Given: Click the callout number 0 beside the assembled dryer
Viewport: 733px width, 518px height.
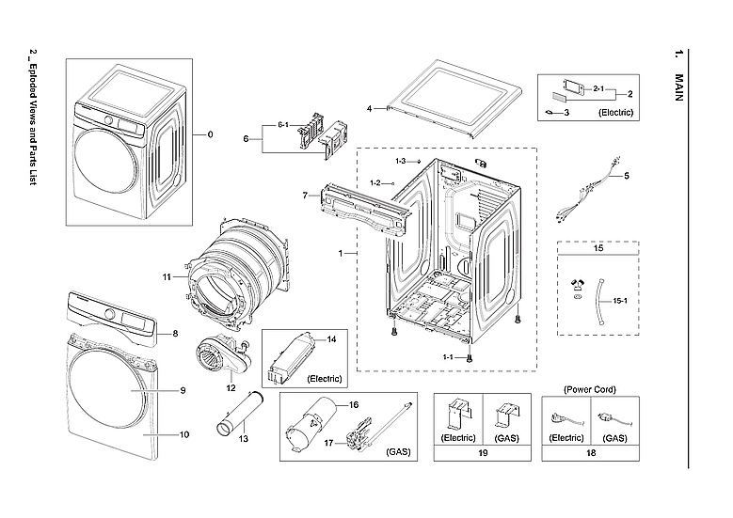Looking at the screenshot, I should click(210, 134).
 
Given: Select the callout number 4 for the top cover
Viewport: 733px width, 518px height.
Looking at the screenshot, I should click(371, 107).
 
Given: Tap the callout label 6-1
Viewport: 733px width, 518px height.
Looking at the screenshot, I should click(282, 125).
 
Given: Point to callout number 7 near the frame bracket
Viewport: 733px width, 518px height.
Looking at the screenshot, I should click(305, 195).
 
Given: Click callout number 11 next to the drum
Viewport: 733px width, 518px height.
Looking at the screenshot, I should click(166, 277).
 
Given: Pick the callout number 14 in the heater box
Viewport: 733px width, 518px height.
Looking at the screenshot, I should click(330, 338).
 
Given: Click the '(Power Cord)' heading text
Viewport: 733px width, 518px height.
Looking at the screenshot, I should click(589, 388).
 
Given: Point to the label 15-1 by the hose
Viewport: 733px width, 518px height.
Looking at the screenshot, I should click(620, 301).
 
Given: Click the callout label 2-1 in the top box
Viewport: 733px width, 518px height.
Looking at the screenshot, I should click(598, 87).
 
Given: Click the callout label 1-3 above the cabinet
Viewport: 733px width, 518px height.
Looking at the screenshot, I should click(400, 161).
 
